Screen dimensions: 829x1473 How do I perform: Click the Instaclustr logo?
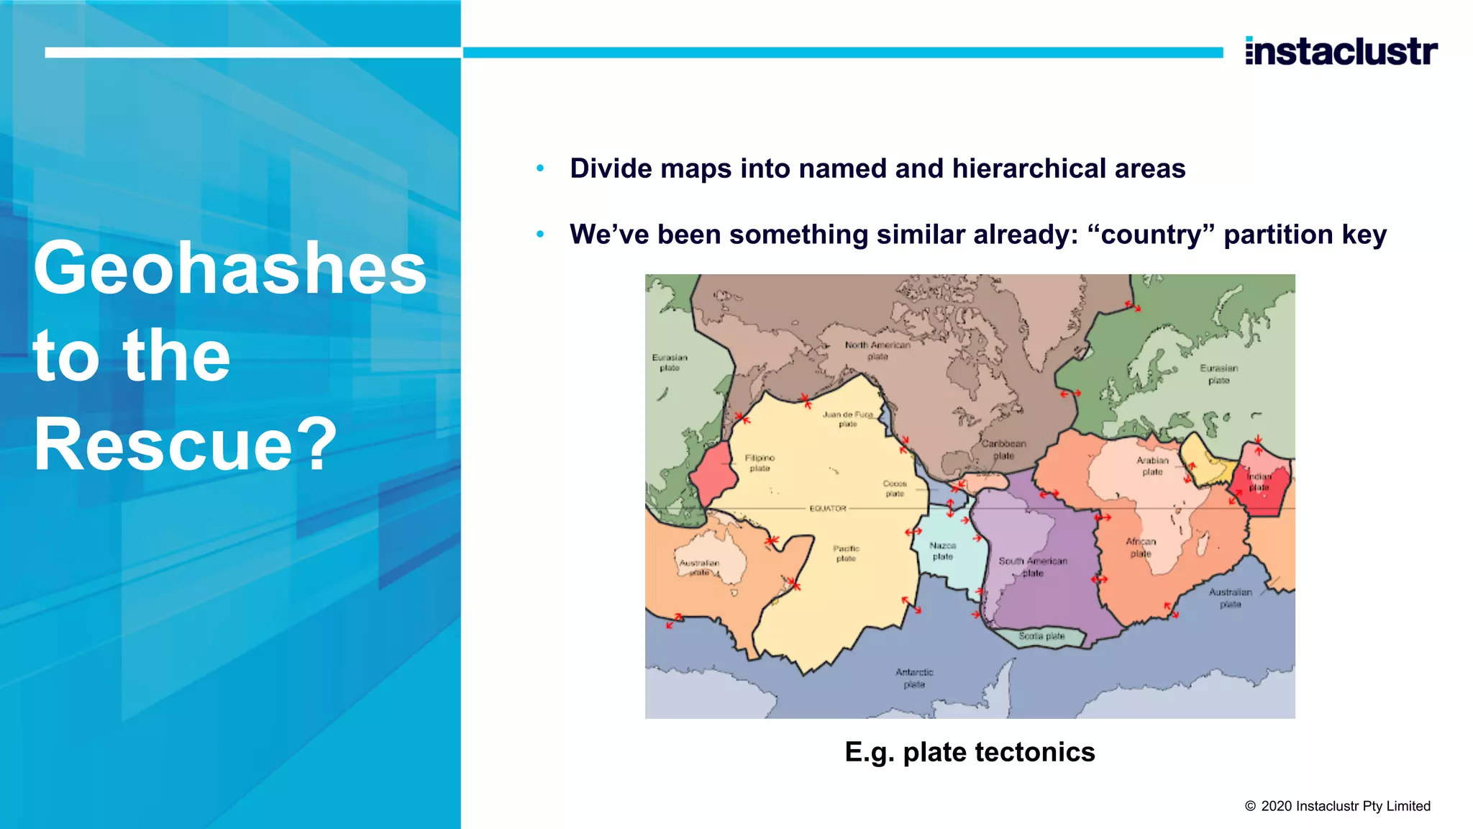click(x=1341, y=51)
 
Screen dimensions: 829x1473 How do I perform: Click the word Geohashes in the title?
click(x=230, y=268)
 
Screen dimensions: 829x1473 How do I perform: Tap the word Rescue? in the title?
click(x=185, y=444)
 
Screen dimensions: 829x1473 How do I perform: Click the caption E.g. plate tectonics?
click(x=970, y=752)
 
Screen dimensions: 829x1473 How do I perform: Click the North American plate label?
click(x=877, y=350)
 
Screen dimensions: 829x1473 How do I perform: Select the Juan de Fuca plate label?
click(x=848, y=419)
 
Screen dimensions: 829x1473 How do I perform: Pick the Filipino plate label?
click(x=760, y=463)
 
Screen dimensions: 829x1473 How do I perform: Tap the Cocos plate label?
click(x=895, y=489)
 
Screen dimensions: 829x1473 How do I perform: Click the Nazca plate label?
click(x=942, y=551)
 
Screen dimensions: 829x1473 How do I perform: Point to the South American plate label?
click(x=1033, y=566)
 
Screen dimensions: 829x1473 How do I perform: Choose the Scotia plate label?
click(x=1041, y=636)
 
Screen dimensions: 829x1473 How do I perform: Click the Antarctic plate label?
click(x=914, y=678)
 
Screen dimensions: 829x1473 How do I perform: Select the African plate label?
click(x=1141, y=547)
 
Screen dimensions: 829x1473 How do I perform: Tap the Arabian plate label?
click(x=1152, y=466)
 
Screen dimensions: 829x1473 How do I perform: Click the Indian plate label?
click(x=1259, y=481)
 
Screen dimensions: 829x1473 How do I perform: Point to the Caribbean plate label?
click(x=1003, y=449)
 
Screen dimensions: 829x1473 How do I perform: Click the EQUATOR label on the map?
click(x=828, y=508)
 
